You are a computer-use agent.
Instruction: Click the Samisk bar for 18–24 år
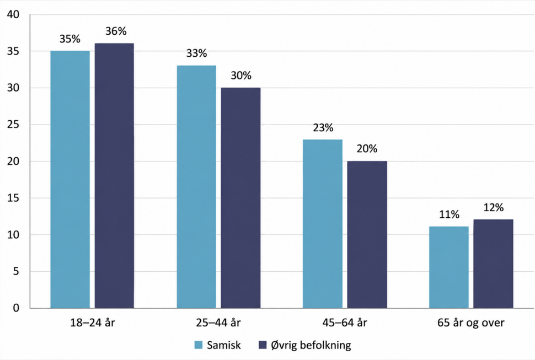pos(70,180)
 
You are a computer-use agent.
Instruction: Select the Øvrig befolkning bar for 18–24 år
pos(114,176)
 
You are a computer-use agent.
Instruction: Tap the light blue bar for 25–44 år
pos(196,187)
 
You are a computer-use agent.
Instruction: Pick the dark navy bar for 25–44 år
pos(240,198)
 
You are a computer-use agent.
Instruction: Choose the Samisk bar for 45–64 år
pos(323,224)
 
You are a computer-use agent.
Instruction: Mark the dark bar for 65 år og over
pos(493,264)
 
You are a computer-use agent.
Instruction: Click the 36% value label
pos(116,31)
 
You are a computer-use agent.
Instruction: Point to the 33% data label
pos(196,53)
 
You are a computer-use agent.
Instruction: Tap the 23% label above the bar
pos(323,128)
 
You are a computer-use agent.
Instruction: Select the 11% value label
pos(449,214)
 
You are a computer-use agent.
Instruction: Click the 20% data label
pos(367,149)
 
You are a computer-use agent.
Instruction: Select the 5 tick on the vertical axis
pos(17,272)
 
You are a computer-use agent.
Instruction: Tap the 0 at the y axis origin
pos(17,308)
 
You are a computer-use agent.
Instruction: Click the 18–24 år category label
pos(93,323)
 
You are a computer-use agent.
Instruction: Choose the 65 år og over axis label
pos(471,323)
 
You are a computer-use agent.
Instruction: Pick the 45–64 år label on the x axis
pos(345,323)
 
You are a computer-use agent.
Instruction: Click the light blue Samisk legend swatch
pos(199,345)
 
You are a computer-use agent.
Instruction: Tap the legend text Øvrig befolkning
pos(311,345)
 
